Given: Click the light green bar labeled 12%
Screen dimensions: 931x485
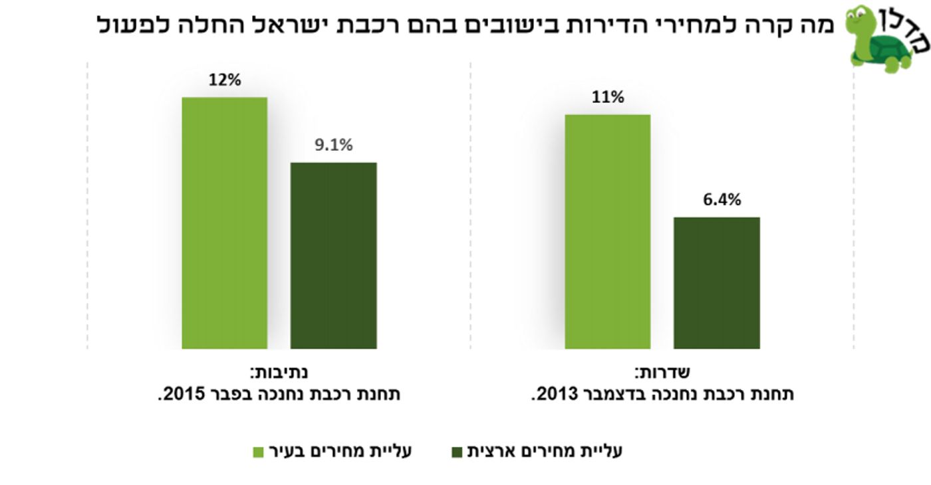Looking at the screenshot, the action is [x=225, y=223].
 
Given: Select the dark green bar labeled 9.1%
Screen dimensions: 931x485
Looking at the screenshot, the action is [x=333, y=255].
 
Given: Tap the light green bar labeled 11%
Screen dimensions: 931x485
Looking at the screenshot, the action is [x=607, y=232].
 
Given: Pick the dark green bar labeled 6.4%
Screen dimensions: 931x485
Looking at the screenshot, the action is [x=717, y=283].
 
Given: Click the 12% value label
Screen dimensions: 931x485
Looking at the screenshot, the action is [x=225, y=80].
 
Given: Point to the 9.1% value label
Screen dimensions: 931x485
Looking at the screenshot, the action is [x=333, y=145].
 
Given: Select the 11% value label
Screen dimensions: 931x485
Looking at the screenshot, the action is [x=608, y=97].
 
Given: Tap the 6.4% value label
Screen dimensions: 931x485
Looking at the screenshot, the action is [x=722, y=200].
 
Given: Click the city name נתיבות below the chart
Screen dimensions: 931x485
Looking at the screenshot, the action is [x=279, y=372].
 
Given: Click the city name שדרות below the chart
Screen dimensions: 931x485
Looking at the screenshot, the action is [x=662, y=372].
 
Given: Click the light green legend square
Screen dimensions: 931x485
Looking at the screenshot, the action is [x=258, y=452].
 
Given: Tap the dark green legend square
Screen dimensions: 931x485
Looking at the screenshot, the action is [x=457, y=452].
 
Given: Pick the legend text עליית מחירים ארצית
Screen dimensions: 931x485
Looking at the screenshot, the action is [x=545, y=451].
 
